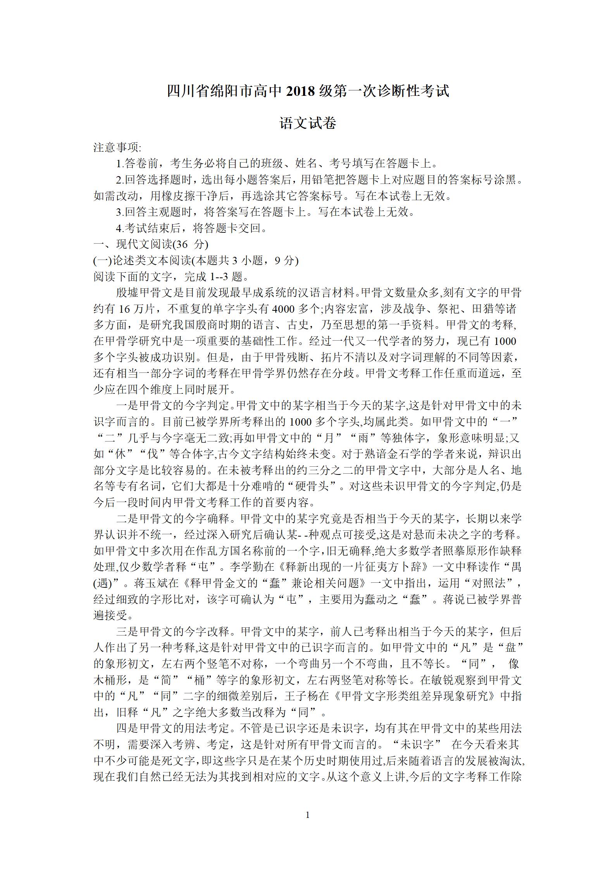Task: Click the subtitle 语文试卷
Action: pyautogui.click(x=308, y=123)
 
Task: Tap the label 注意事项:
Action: pyautogui.click(x=117, y=148)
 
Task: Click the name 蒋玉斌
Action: pyautogui.click(x=156, y=584)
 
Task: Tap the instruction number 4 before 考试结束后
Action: pyautogui.click(x=119, y=228)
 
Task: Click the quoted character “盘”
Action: pyautogui.click(x=510, y=648)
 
